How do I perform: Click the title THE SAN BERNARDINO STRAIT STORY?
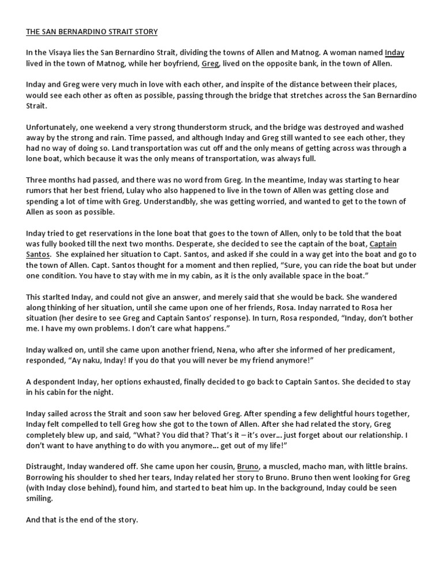point(92,31)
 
